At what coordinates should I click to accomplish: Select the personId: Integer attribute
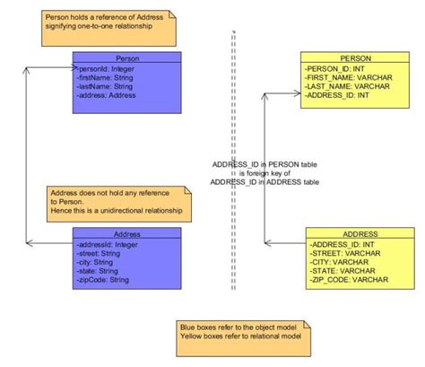[108, 67]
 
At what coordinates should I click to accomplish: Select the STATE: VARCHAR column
[342, 270]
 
